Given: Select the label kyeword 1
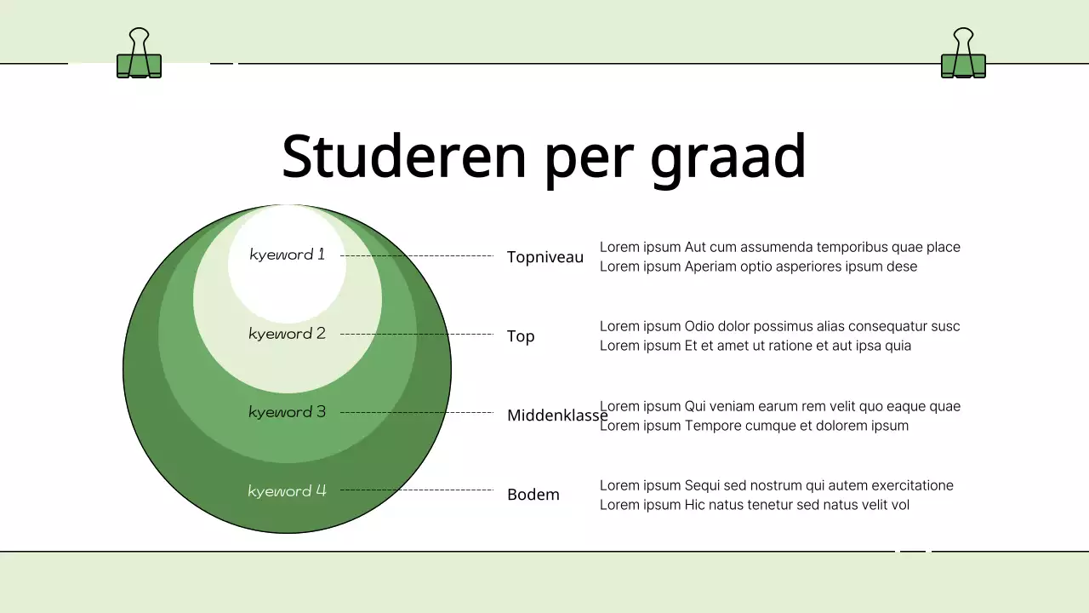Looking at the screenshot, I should (x=288, y=255).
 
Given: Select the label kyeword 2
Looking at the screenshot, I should (x=288, y=334).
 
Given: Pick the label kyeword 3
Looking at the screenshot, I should (x=288, y=412).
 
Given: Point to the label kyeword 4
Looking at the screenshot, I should (x=288, y=490).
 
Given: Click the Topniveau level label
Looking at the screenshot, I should (x=545, y=257).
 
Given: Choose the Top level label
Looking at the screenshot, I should (x=521, y=336).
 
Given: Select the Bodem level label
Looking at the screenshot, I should (x=533, y=495).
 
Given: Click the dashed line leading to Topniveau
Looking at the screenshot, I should (x=417, y=255).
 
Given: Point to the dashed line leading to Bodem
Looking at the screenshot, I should (x=417, y=490).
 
